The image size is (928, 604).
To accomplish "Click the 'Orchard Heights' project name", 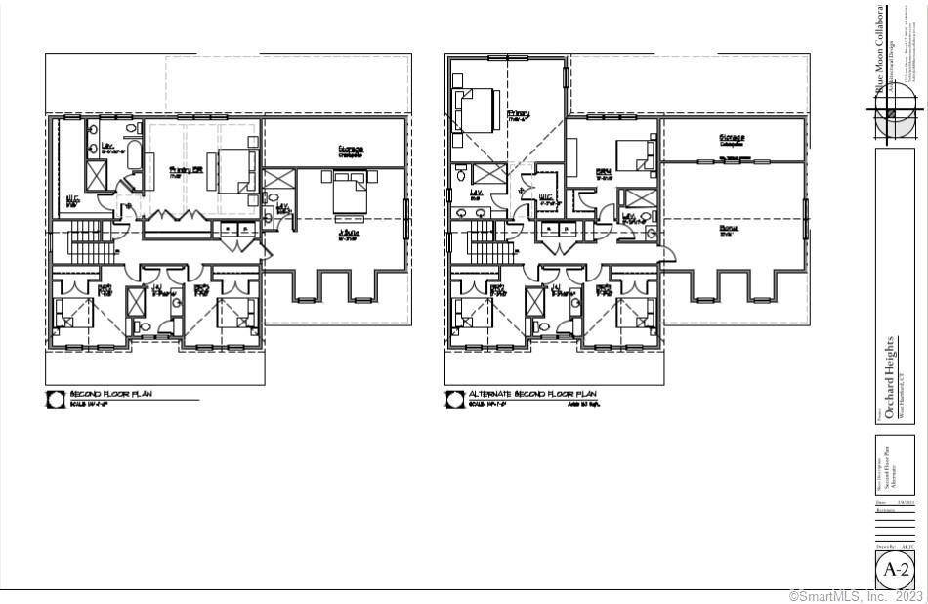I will [889, 375].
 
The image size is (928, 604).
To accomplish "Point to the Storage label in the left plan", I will [352, 151].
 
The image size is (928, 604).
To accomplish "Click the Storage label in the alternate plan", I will [733, 138].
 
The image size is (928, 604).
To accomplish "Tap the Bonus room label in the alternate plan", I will [729, 229].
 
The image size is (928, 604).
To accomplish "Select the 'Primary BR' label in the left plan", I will [186, 168].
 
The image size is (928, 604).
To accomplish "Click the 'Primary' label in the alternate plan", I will [519, 114].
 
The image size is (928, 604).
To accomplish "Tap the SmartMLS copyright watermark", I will [855, 595].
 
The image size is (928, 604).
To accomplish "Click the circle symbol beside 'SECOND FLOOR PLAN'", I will [56, 398].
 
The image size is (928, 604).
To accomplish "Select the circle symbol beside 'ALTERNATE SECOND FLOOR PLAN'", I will [454, 398].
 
